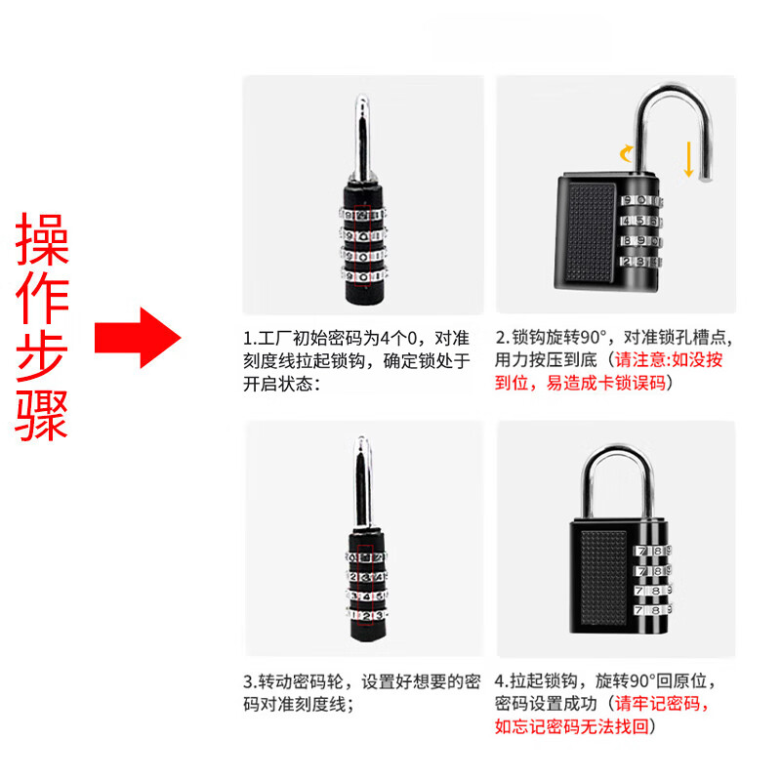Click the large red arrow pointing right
138,338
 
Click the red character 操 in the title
42,239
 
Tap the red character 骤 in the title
42,416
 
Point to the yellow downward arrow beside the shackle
689,159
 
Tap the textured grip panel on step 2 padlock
592,233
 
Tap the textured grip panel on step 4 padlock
603,578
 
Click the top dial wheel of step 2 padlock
641,200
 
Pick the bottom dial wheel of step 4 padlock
652,610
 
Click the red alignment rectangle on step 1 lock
363,246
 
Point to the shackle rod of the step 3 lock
362,481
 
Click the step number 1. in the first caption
250,338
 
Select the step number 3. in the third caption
250,681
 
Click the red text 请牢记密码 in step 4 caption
657,703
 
